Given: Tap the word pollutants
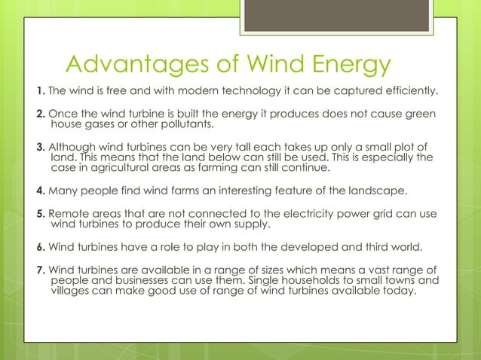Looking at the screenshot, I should click(180, 124).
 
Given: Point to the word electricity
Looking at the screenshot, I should click(298, 214).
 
